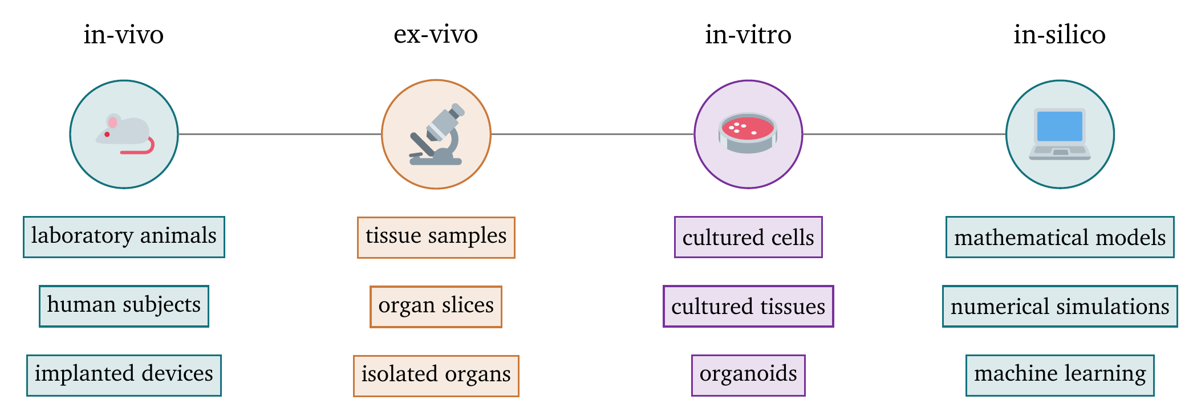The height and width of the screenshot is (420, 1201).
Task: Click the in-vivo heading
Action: [124, 35]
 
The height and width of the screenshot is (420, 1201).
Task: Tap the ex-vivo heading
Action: [436, 35]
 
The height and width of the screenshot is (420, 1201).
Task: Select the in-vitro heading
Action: [748, 35]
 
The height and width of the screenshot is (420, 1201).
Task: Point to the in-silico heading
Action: [1060, 35]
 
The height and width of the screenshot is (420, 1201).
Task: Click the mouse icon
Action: [124, 134]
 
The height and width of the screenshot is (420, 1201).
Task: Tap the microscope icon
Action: [436, 134]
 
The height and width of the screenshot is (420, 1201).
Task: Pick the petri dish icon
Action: [748, 134]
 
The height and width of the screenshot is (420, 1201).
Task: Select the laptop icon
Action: [1060, 134]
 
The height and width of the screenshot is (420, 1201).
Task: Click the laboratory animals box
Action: [124, 237]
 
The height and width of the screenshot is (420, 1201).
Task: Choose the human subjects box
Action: [124, 306]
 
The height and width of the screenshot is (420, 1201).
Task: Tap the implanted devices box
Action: [124, 375]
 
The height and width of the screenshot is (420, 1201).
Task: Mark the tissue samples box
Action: [436, 238]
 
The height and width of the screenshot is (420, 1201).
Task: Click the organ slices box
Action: [436, 307]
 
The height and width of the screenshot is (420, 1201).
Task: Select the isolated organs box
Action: [436, 376]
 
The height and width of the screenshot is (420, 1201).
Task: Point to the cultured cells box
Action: [748, 237]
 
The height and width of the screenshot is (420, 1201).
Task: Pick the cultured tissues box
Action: [748, 306]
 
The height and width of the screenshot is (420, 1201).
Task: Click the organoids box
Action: [748, 375]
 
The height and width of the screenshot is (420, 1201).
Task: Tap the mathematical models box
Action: [1060, 237]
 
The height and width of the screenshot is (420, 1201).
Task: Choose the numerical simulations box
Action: [1060, 306]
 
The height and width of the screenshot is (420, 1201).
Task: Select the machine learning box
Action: [1060, 375]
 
